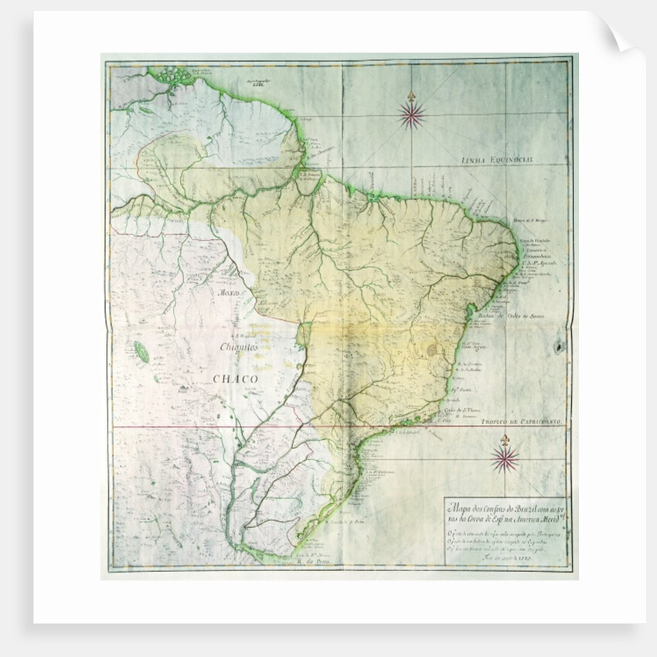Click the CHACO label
235,379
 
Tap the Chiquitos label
240,348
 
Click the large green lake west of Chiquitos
142,353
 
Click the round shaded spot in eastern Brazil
431,350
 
